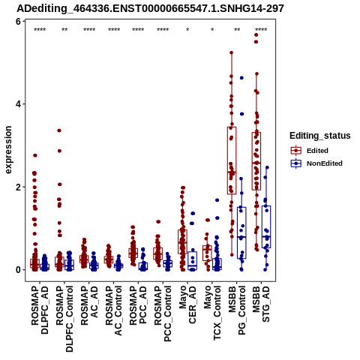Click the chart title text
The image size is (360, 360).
[150, 9]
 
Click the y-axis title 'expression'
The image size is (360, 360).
[8, 150]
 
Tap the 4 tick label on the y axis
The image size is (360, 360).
[18, 104]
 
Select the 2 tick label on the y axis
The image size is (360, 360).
[18, 187]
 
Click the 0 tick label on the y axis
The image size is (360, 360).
[18, 270]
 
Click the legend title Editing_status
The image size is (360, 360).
[320, 136]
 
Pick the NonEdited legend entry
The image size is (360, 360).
[316, 163]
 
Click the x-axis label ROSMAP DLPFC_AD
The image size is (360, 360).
[40, 310]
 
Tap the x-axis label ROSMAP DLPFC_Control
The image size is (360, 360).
[64, 319]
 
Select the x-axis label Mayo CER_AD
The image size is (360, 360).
[187, 304]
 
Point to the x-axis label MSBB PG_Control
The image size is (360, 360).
[237, 310]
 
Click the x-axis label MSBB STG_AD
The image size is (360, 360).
[261, 304]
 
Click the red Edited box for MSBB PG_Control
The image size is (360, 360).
[232, 160]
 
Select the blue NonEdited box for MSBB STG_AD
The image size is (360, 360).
[266, 226]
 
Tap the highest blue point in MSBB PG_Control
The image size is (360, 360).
[241, 78]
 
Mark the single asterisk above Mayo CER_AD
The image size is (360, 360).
[187, 30]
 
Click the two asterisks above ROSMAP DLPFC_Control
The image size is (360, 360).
[64, 30]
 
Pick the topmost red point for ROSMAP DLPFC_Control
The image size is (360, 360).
[59, 130]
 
